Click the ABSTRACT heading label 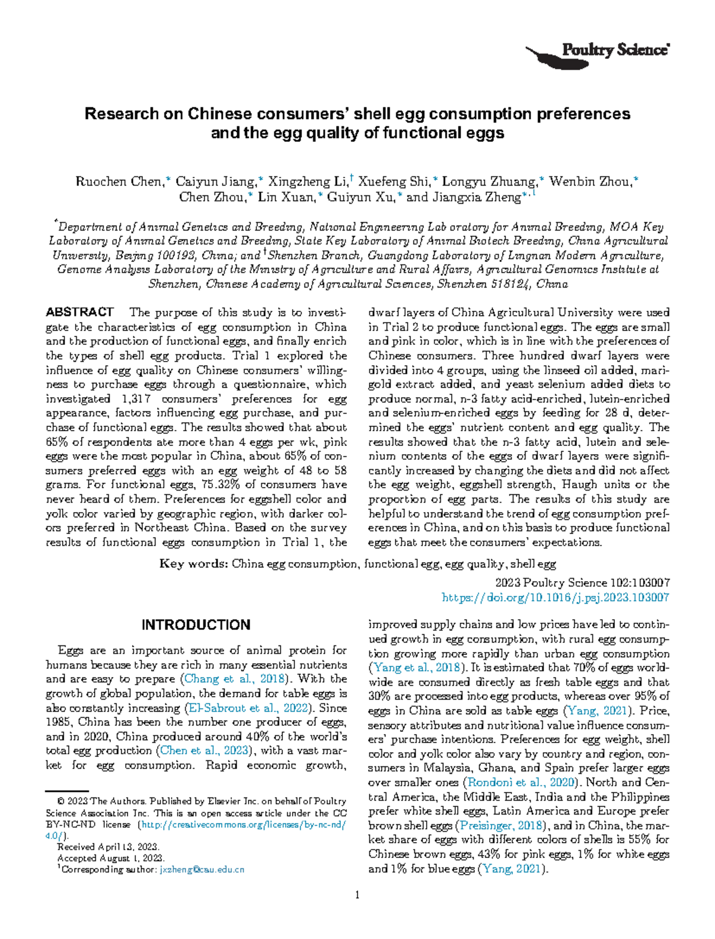80,312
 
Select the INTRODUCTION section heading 195,625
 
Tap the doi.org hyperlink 555,597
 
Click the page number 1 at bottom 357,894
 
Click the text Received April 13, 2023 108,847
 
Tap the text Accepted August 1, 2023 110,858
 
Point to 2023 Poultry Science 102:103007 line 582,583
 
